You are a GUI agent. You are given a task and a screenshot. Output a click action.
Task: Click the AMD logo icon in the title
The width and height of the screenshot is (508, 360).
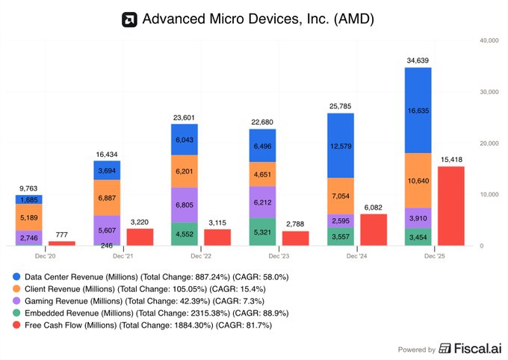click(x=129, y=19)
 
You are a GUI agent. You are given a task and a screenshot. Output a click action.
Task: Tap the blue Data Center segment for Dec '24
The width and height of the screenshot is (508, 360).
click(x=340, y=145)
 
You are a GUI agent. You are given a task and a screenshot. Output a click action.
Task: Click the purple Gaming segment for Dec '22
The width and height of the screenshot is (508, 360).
click(x=185, y=205)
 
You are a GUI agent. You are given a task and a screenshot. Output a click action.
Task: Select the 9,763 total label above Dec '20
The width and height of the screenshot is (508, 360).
click(x=29, y=187)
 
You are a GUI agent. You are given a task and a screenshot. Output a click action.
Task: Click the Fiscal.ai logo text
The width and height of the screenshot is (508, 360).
click(x=473, y=349)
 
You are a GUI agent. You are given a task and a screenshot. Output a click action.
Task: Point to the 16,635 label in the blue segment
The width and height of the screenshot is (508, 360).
click(x=418, y=111)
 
